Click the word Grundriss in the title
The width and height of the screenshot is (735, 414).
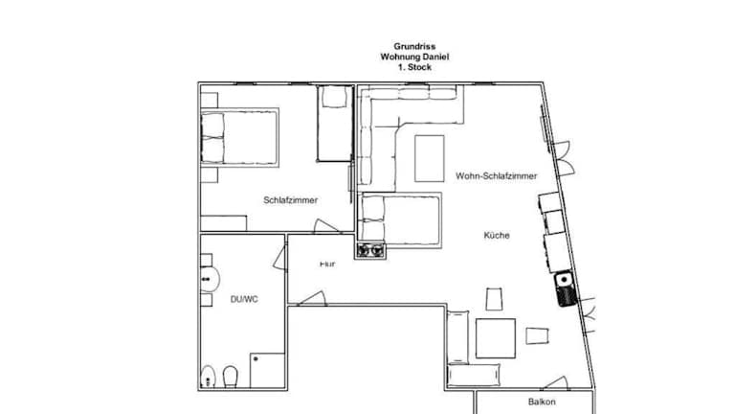414,46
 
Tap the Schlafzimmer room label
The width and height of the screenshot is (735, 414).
290,200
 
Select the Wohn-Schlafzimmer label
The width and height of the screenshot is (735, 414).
496,176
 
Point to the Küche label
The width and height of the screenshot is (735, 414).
497,235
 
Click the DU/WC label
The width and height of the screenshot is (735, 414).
244,299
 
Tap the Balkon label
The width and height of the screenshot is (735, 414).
542,402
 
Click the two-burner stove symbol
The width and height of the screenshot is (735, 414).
370,251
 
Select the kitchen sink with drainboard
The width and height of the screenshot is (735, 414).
565,288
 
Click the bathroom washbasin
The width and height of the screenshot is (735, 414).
210,280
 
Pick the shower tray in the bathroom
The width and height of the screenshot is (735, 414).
267,370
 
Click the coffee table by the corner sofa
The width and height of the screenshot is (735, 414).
430,158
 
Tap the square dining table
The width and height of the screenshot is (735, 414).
496,338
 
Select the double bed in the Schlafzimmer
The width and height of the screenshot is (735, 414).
239,138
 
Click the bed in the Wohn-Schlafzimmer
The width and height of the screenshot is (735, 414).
400,220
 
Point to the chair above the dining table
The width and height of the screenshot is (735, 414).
494,299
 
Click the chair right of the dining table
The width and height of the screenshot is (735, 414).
537,336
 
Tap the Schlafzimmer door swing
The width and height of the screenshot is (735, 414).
325,226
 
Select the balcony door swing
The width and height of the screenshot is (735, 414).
555,383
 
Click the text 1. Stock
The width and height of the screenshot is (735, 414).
414,67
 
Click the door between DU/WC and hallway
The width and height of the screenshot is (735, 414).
280,258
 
